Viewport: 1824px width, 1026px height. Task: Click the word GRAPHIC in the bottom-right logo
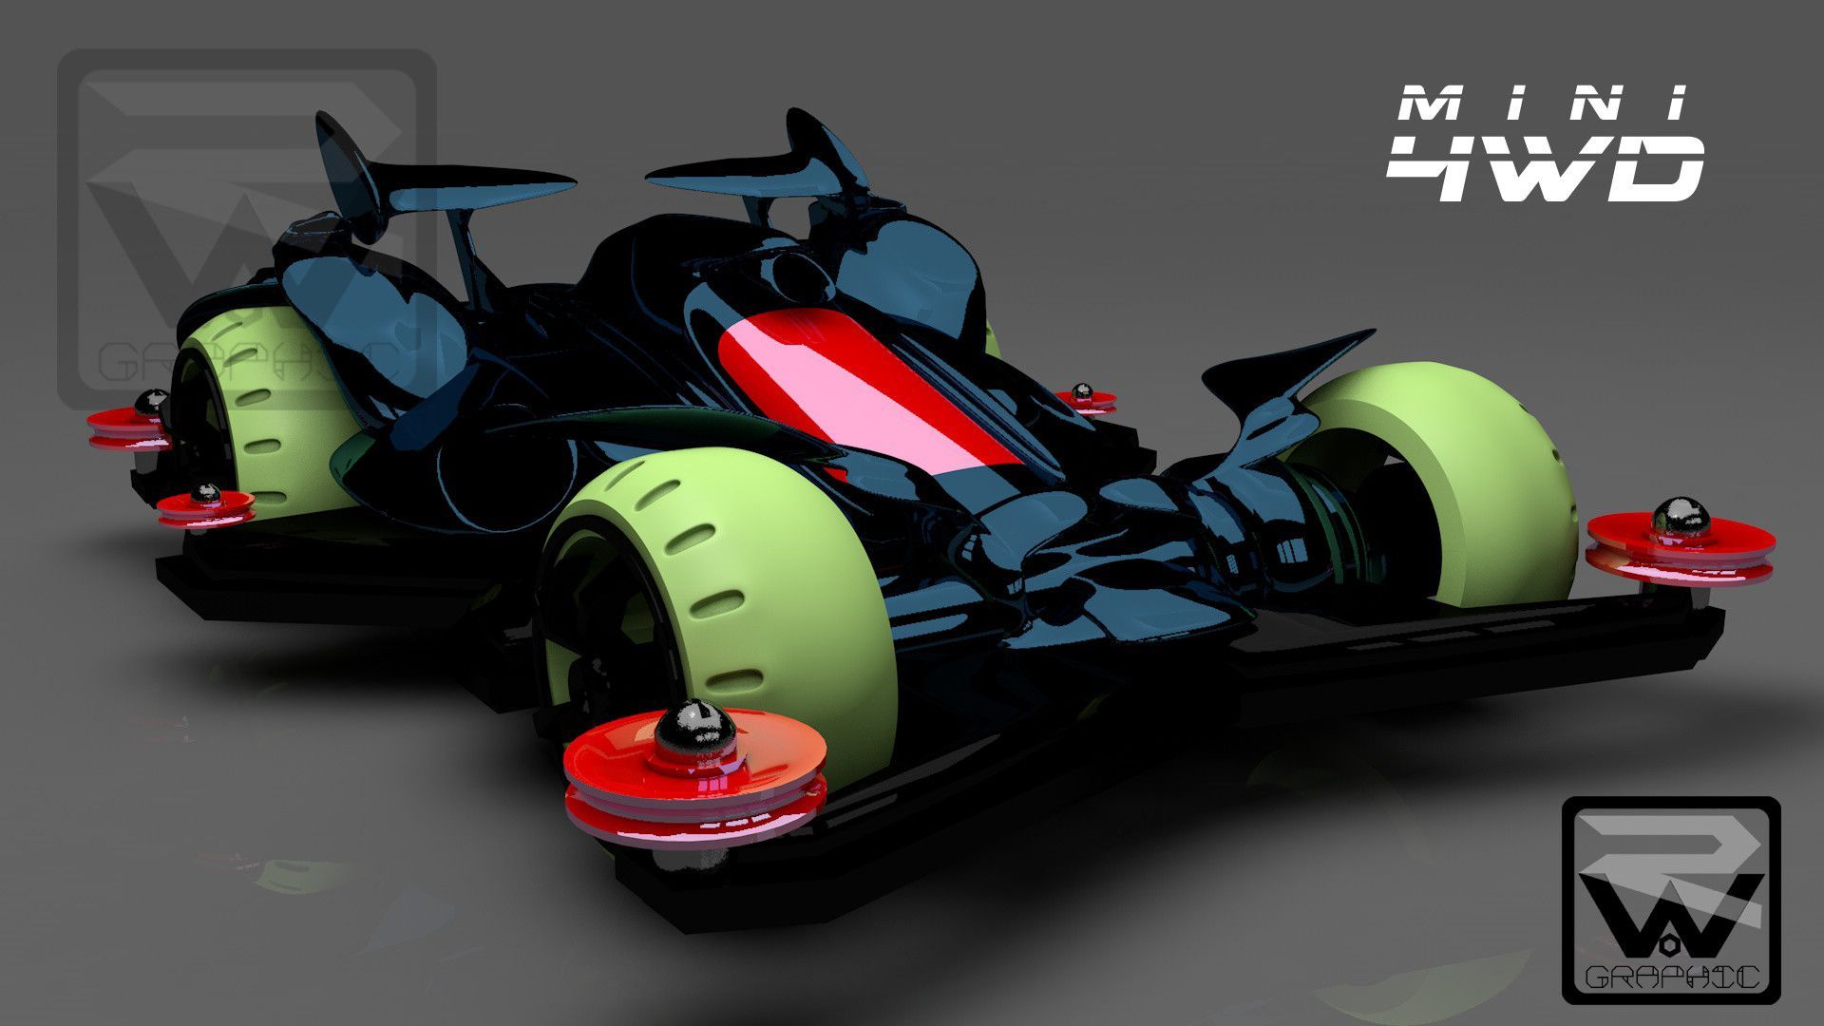pyautogui.click(x=1672, y=977)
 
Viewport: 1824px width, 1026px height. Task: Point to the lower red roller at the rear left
pyautogui.click(x=204, y=505)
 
